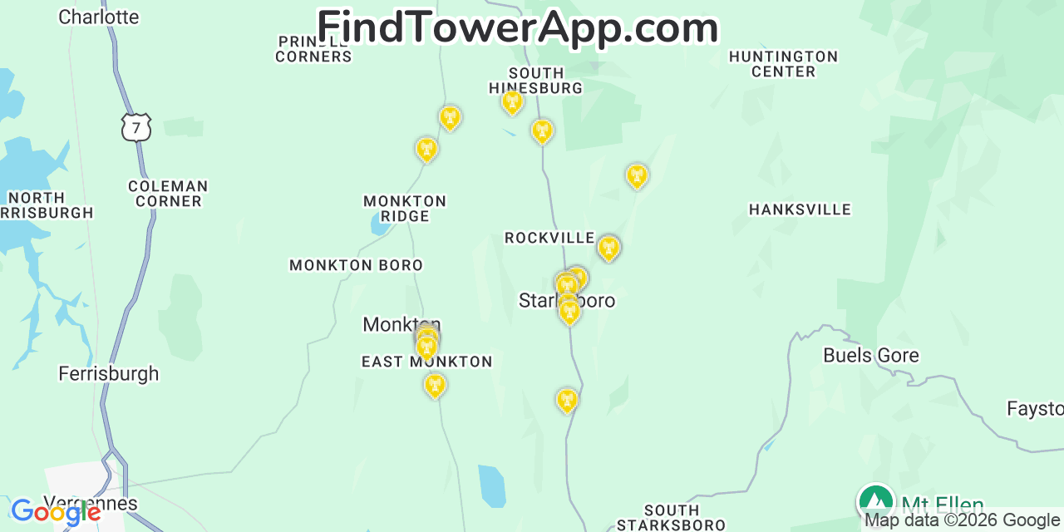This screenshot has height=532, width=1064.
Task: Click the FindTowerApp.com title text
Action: (x=517, y=27)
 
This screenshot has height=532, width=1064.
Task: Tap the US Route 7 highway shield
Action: (x=135, y=127)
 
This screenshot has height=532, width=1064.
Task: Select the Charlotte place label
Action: (x=98, y=17)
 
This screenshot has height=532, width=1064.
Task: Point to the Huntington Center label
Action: (x=783, y=64)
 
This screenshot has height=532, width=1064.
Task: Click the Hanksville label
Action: (x=800, y=209)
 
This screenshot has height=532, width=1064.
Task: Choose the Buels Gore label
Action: (x=870, y=356)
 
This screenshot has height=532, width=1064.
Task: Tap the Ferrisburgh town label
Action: (x=108, y=374)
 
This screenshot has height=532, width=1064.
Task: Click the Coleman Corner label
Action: (x=168, y=194)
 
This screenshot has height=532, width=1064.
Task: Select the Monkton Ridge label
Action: (x=405, y=209)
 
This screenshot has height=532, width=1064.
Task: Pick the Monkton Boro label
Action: (x=356, y=265)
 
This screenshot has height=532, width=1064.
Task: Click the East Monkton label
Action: (x=426, y=362)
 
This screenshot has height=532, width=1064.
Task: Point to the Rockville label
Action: (x=549, y=239)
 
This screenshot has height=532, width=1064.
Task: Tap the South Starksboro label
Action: (x=671, y=517)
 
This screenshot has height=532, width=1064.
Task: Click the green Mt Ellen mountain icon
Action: (x=875, y=502)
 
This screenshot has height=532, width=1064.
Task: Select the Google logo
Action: (x=56, y=512)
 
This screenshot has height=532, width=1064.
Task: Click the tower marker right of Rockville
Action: (x=608, y=248)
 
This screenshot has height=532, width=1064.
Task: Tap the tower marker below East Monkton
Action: (x=434, y=385)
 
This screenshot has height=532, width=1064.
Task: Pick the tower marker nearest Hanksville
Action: (x=637, y=175)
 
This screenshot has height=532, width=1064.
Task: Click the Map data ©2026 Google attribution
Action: (x=962, y=520)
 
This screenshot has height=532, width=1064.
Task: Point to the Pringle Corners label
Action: (x=313, y=49)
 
